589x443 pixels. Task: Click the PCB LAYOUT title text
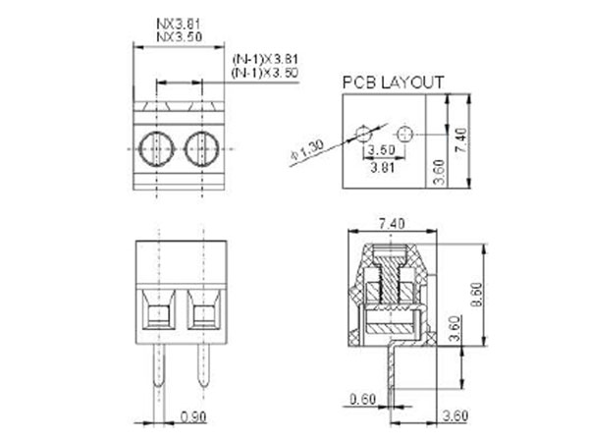[392, 83]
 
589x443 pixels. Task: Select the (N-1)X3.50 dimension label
[265, 73]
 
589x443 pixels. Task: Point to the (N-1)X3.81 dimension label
[265, 60]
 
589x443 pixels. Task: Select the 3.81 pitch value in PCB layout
[380, 168]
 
